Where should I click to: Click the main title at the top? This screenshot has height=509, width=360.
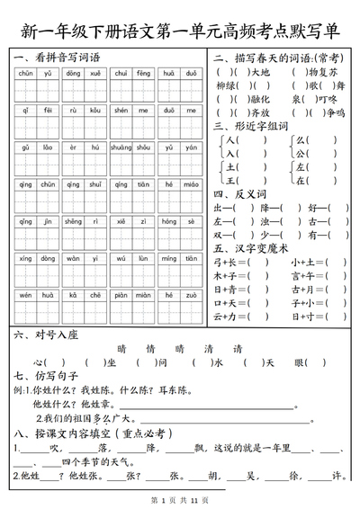click(x=180, y=31)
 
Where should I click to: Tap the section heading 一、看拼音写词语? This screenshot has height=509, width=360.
click(x=57, y=58)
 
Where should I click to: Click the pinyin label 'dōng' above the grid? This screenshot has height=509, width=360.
click(x=73, y=73)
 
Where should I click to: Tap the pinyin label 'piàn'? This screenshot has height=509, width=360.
click(x=120, y=294)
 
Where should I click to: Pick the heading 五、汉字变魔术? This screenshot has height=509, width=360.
click(x=251, y=248)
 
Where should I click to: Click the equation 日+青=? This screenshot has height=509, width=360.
click(x=234, y=290)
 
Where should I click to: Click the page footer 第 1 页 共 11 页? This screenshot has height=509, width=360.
click(x=180, y=499)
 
